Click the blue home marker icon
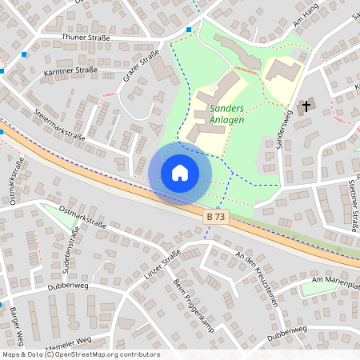pyautogui.click(x=180, y=172)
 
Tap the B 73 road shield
pyautogui.click(x=214, y=217)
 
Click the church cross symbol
pyautogui.click(x=306, y=106)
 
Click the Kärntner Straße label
pyautogui.click(x=69, y=70)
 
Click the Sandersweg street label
pyautogui.click(x=282, y=124)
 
